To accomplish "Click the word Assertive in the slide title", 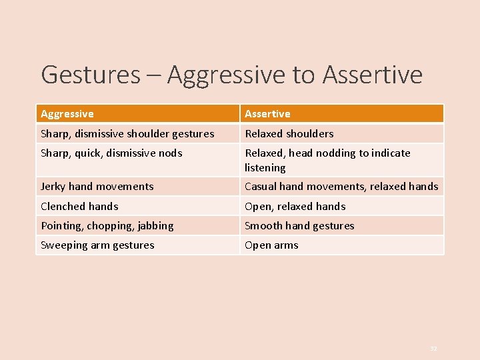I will coord(372,75).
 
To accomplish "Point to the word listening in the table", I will coord(265,168).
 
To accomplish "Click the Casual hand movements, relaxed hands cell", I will coord(341,187).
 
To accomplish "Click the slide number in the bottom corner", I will coord(433,348).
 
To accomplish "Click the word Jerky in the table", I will coord(53,187).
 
